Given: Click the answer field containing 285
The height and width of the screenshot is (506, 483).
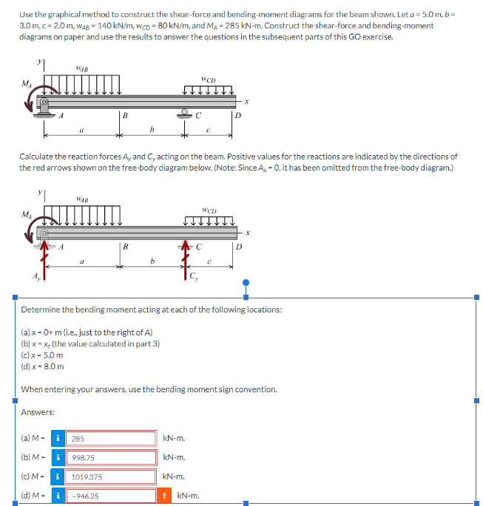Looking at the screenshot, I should (x=111, y=439).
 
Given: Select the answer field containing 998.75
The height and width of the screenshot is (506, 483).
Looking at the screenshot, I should (x=111, y=458).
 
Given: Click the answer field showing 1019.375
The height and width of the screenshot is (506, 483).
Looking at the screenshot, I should (x=111, y=477).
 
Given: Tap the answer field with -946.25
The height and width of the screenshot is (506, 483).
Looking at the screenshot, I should (x=111, y=496).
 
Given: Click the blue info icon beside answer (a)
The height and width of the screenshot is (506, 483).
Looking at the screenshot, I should (x=58, y=439).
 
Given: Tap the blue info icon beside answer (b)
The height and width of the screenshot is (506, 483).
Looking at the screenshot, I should (x=58, y=458).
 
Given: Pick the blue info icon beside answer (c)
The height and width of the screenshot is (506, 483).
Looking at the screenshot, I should (x=58, y=477).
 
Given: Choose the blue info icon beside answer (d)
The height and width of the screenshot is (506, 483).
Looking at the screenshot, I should (x=58, y=496).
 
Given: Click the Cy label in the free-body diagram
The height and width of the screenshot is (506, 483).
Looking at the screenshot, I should (x=195, y=278).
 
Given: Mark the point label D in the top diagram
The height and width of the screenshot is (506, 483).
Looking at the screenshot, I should (x=238, y=115).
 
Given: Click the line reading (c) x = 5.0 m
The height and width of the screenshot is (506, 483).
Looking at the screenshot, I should (x=43, y=355).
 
